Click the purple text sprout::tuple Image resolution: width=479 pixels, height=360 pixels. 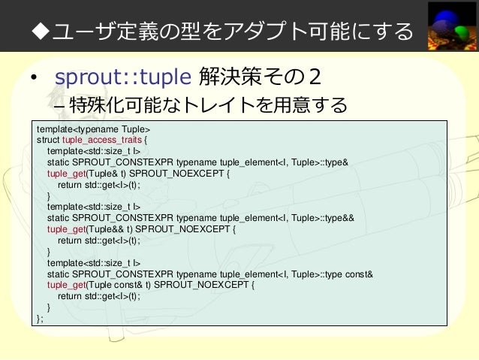coord(122,77)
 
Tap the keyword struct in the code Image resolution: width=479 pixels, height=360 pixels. coord(48,139)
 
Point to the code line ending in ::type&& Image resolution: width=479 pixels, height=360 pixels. coord(206,218)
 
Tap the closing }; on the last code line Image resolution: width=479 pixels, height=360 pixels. coord(40,318)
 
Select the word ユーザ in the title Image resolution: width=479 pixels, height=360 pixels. coord(81,32)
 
